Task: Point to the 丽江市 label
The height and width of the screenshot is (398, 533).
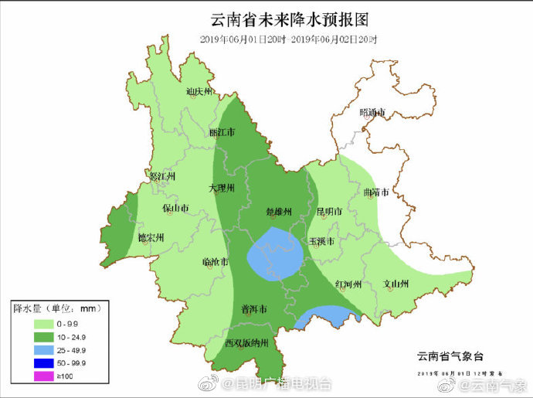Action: pos(222,132)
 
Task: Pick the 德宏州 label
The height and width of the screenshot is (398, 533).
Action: pos(151,238)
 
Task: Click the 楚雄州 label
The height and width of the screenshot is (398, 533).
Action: pos(278,211)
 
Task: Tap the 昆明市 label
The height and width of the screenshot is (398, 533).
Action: pos(329,211)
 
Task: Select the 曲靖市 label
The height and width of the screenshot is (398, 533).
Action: pos(375,192)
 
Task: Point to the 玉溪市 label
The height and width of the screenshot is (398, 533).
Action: pos(321,241)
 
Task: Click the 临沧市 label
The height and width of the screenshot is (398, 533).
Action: pos(215,263)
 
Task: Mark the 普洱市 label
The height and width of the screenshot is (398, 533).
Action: pos(254,308)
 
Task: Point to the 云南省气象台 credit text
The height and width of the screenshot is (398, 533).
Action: pos(450,356)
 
